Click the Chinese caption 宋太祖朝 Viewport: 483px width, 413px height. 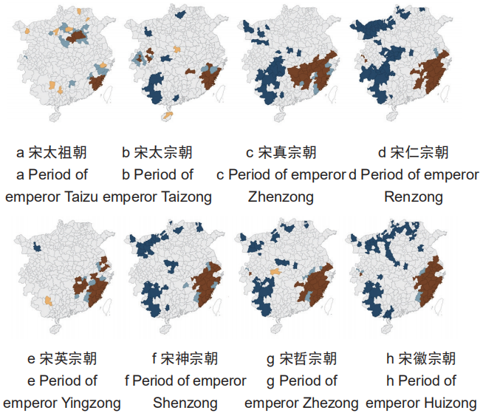[x=58, y=153]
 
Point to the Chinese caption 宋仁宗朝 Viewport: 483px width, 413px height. [x=419, y=153]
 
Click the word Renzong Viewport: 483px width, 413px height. [x=414, y=197]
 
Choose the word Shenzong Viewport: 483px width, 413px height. [x=185, y=403]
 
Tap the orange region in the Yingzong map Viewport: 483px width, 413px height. [x=48, y=301]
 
